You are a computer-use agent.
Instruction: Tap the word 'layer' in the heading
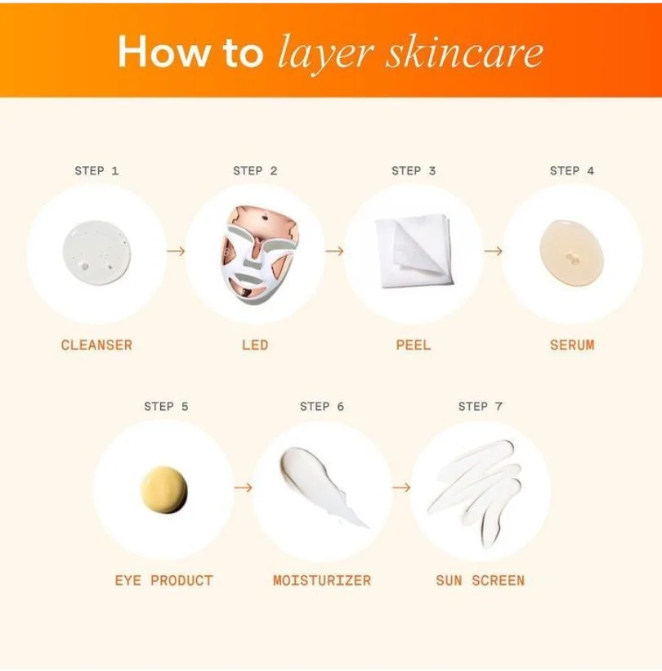tap(325, 55)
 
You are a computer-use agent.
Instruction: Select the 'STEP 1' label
tap(96, 171)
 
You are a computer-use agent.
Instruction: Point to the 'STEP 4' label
tap(572, 171)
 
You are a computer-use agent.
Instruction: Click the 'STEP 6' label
tap(322, 406)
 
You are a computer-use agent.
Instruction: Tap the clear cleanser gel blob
tap(96, 253)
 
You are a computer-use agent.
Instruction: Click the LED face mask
tap(258, 254)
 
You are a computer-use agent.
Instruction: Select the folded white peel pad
tap(414, 250)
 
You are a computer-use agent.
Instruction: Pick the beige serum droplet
tap(572, 253)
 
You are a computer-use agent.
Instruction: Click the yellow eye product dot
tap(164, 489)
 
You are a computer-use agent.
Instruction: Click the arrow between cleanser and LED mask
tap(176, 250)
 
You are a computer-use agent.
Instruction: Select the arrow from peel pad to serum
tap(493, 250)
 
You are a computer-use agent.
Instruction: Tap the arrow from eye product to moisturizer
tap(243, 488)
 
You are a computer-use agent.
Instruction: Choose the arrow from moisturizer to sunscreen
tap(400, 488)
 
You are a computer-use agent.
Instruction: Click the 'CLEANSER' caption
tap(96, 345)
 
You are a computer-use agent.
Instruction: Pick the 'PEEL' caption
tap(414, 345)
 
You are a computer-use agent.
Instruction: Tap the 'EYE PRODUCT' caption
tap(164, 581)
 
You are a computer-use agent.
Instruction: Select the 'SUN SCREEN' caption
tap(480, 581)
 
